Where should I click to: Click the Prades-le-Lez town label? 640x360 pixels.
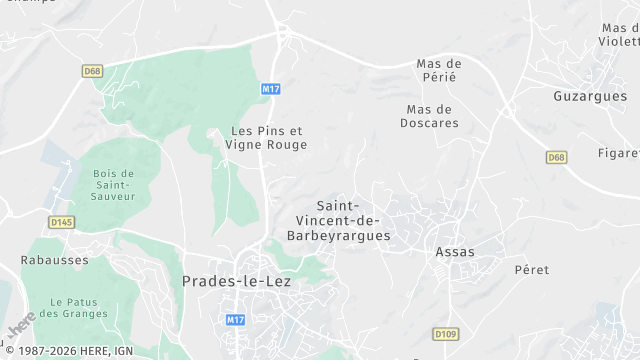coord(238,281)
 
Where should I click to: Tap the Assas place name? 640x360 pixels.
coord(455,252)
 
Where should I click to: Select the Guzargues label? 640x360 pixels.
coord(590,96)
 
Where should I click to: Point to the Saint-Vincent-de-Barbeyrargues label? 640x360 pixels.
coord(339,221)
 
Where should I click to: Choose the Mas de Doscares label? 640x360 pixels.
coord(432,116)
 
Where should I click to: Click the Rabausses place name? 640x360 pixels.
coord(55,260)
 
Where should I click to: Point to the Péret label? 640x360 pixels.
coord(532,270)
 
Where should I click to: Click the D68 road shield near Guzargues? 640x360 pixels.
coord(557,158)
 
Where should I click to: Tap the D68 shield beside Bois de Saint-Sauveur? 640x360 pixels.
coord(93,71)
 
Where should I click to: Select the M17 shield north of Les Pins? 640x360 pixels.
coord(270,89)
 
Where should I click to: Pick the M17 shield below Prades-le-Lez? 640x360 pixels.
coord(235,320)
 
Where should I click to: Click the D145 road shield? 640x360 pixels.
coord(62,222)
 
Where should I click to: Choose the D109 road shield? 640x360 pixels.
coord(446,333)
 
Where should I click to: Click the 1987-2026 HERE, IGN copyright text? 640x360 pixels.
coord(67,351)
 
